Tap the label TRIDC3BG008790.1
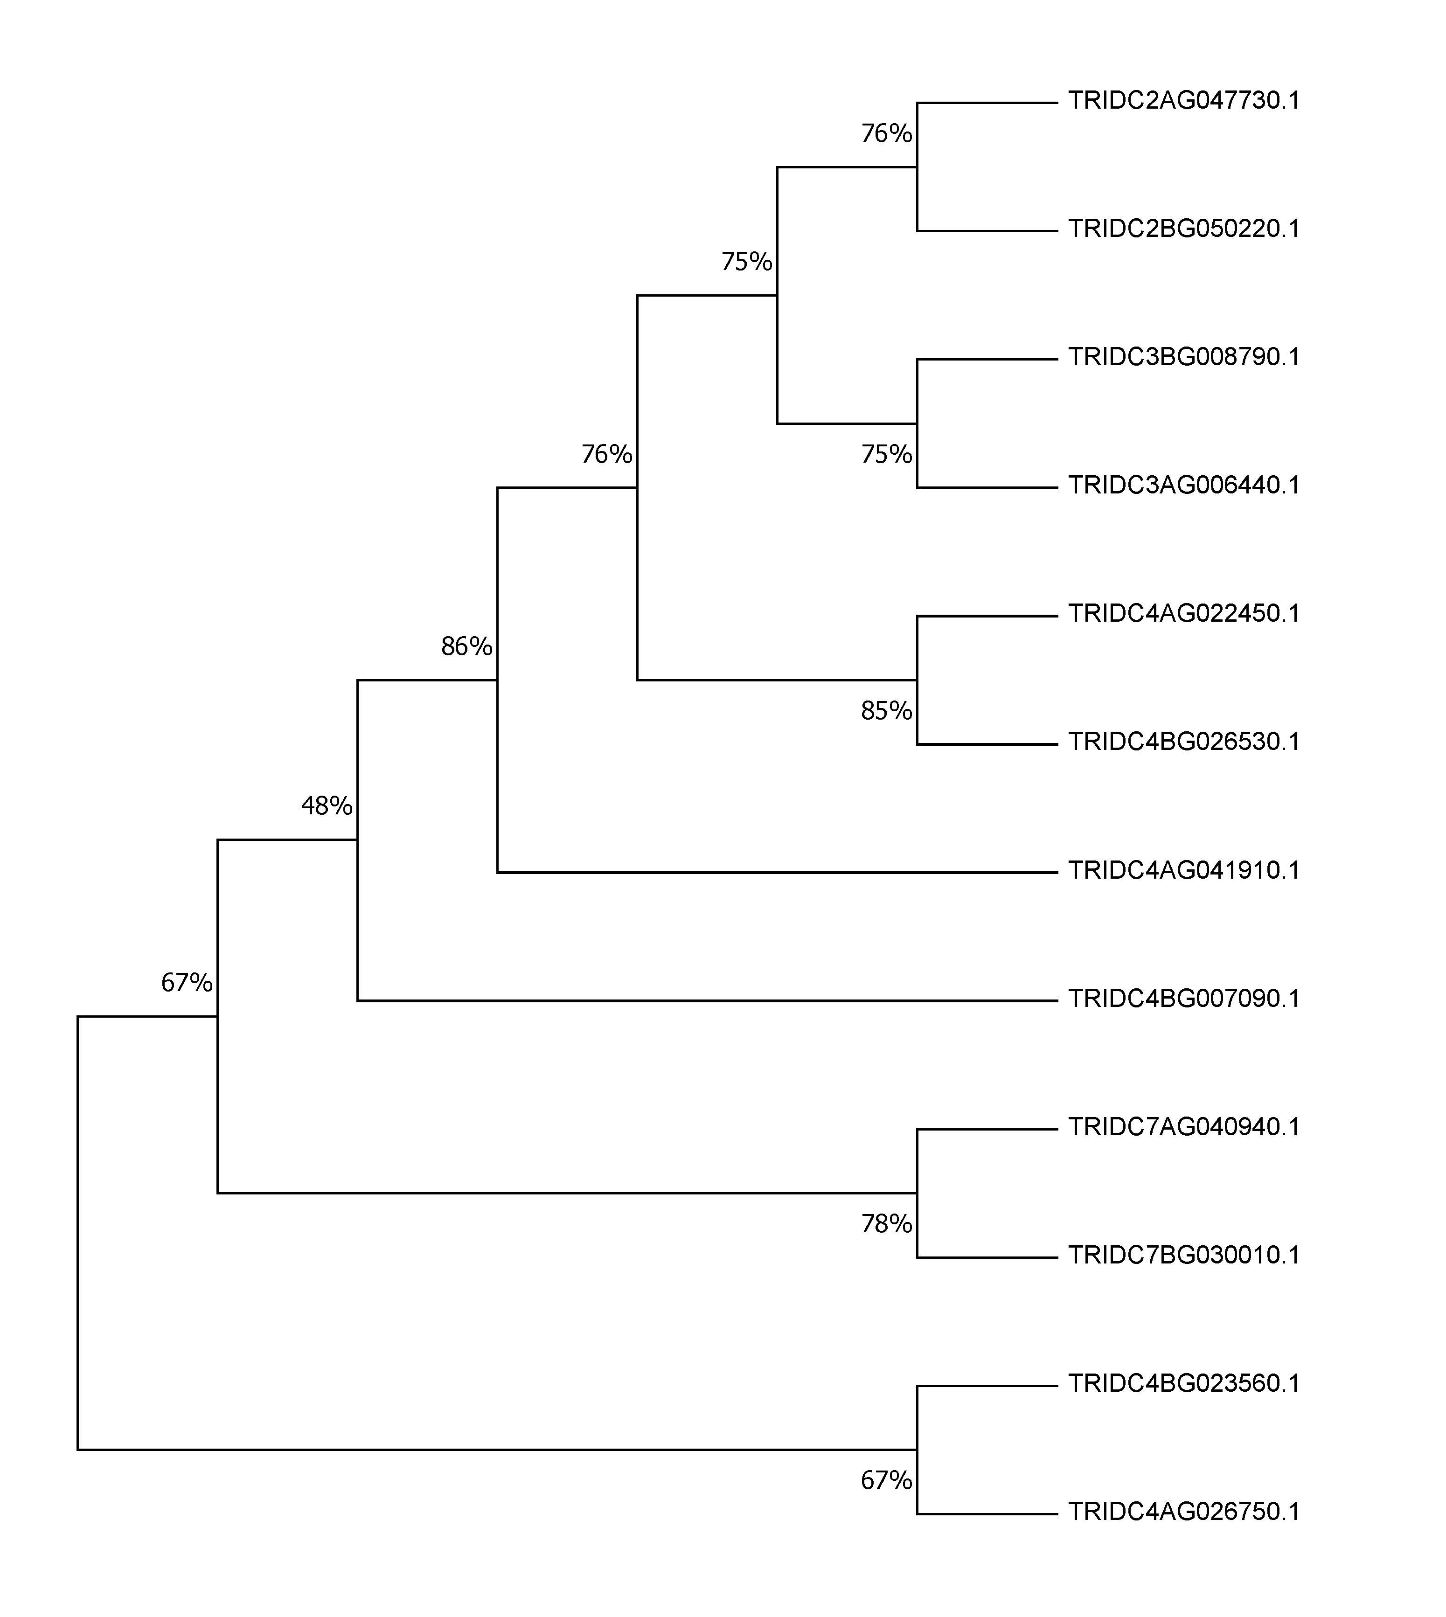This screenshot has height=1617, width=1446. click(x=1184, y=357)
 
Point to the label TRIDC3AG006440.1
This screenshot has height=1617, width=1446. click(x=1184, y=485)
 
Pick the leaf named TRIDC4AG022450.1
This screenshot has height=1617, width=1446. click(x=1184, y=614)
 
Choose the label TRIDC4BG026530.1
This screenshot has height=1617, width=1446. click(x=1184, y=742)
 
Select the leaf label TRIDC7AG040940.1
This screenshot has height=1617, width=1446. click(x=1184, y=1127)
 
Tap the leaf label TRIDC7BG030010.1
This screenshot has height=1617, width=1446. click(x=1184, y=1256)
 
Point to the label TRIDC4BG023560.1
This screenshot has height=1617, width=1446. click(x=1184, y=1383)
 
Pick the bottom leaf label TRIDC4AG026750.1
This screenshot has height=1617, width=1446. click(x=1184, y=1512)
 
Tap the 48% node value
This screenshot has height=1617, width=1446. click(x=327, y=807)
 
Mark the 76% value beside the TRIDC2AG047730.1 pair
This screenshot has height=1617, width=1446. click(x=887, y=133)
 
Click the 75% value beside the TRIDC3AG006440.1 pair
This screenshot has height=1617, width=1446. click(x=887, y=454)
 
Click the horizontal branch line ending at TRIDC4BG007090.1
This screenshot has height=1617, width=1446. click(x=707, y=1001)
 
